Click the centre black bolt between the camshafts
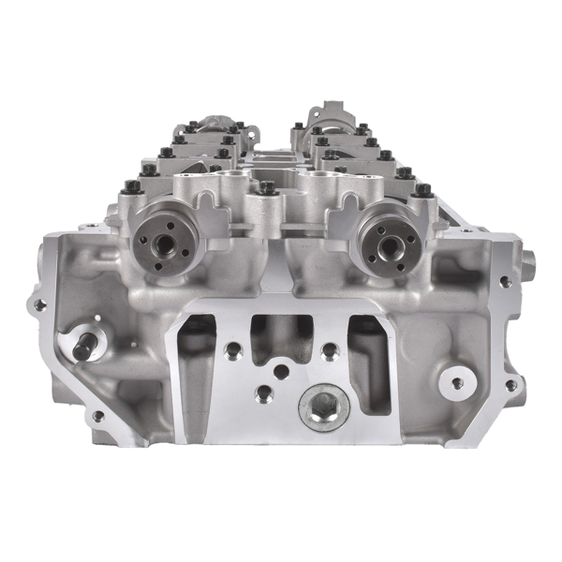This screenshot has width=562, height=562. point(267,188)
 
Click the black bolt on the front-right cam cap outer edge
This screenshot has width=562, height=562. point(423,190)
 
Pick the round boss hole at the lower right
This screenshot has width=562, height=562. point(457,382)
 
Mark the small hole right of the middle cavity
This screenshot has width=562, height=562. point(329,351)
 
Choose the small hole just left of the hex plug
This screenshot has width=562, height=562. point(265,394)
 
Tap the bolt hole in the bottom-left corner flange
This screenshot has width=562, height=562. point(97,416)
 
